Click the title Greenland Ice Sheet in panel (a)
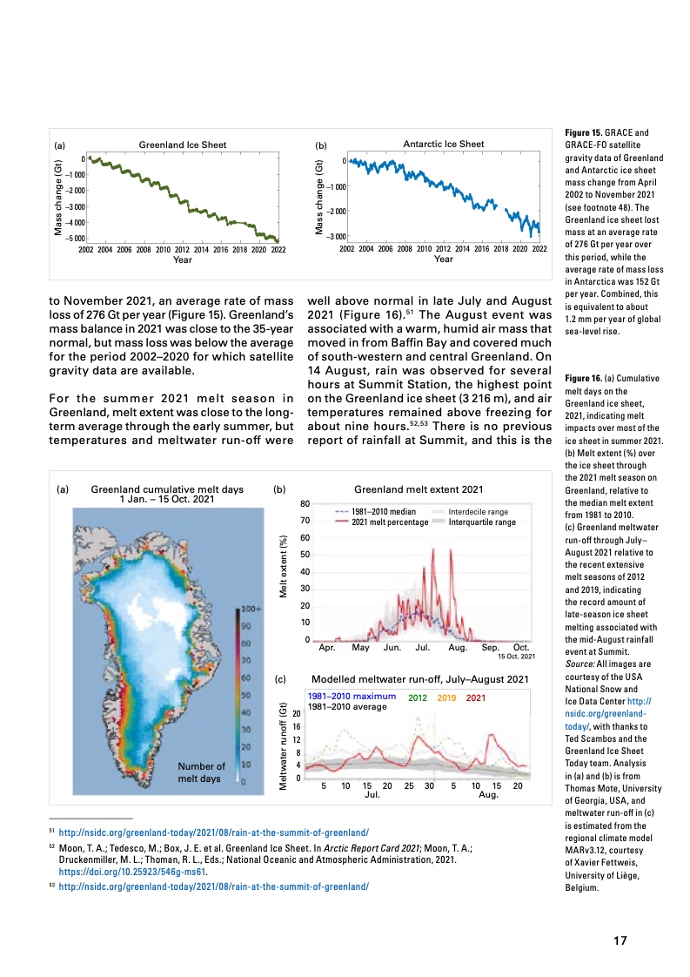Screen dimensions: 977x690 coord(182,144)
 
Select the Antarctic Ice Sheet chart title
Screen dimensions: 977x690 coord(443,144)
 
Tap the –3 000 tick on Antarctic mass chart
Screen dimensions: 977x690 coord(334,236)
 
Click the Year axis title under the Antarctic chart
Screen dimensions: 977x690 coord(443,259)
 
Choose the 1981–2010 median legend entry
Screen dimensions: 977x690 coord(380,511)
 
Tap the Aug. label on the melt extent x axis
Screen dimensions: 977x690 coord(458,648)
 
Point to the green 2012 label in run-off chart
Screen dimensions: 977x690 coord(418,697)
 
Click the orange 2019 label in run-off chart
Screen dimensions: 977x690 coord(447,697)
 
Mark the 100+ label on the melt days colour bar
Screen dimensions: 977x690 coord(252,608)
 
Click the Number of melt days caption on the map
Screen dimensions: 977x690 coord(201,772)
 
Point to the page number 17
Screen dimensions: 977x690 coord(620,940)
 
